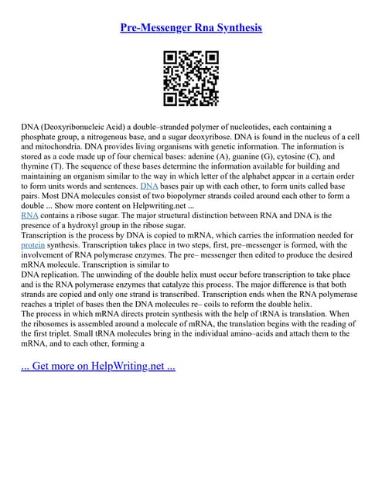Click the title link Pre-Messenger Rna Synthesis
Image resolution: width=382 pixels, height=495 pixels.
(191, 27)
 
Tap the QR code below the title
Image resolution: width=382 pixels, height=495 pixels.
(191, 77)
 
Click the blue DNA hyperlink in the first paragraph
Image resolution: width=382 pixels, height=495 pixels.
(149, 186)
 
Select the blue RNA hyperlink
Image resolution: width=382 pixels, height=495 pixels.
(30, 217)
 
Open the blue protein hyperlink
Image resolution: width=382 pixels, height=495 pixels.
(34, 247)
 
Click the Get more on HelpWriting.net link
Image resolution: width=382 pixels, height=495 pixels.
(98, 365)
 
